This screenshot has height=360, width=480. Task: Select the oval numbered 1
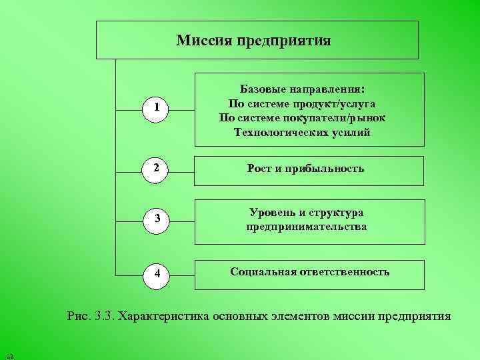click(x=155, y=107)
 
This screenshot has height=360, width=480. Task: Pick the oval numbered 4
click(x=155, y=273)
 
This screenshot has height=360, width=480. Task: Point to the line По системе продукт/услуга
click(x=302, y=103)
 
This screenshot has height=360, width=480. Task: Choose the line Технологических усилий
click(x=302, y=132)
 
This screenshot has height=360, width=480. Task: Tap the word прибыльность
click(x=325, y=169)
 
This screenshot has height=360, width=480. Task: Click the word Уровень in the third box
click(x=271, y=213)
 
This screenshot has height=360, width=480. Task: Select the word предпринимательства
click(x=306, y=227)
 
